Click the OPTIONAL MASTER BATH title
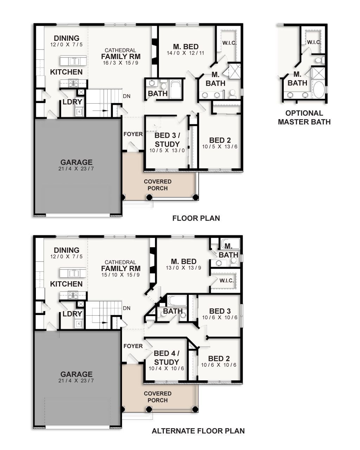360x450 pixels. pyautogui.click(x=304, y=117)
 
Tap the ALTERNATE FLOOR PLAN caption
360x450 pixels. pyautogui.click(x=198, y=431)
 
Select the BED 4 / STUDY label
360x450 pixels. pyautogui.click(x=166, y=358)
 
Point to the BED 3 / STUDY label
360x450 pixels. pyautogui.click(x=167, y=140)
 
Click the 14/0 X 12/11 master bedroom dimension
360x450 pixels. pyautogui.click(x=186, y=53)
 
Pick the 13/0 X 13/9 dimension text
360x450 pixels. pyautogui.click(x=184, y=268)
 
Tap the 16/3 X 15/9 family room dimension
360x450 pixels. pyautogui.click(x=121, y=63)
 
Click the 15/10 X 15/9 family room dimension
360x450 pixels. pyautogui.click(x=121, y=275)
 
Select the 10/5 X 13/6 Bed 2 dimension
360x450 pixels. pyautogui.click(x=220, y=147)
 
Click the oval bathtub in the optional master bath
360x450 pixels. pyautogui.click(x=319, y=90)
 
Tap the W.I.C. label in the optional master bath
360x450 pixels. pyautogui.click(x=314, y=42)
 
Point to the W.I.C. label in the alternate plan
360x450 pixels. pyautogui.click(x=226, y=281)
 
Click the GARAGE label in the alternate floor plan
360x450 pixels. pyautogui.click(x=76, y=374)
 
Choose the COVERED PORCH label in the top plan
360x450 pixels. pyautogui.click(x=157, y=185)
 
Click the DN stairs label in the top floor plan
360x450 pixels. pyautogui.click(x=127, y=96)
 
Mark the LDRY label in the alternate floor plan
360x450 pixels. pyautogui.click(x=72, y=314)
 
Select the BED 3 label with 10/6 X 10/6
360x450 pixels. pyautogui.click(x=220, y=311)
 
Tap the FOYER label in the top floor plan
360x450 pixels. pyautogui.click(x=133, y=134)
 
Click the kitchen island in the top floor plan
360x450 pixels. pyautogui.click(x=73, y=61)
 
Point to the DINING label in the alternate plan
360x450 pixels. pyautogui.click(x=66, y=250)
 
